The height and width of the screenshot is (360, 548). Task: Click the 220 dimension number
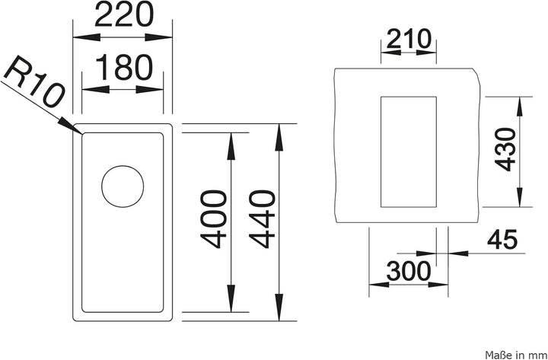(x=124, y=14)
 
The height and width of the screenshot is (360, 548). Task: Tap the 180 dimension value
(x=124, y=67)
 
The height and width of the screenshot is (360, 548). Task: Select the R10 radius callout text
(x=34, y=81)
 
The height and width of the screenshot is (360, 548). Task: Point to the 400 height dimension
(x=213, y=218)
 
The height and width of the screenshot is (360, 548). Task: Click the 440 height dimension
(x=262, y=218)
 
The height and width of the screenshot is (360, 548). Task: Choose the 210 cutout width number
(x=409, y=39)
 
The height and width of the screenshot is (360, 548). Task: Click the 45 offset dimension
(x=502, y=240)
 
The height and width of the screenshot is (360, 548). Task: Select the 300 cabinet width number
(x=409, y=271)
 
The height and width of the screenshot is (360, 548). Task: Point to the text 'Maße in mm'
(x=515, y=355)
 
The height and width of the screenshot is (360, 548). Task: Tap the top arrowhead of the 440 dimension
(x=279, y=137)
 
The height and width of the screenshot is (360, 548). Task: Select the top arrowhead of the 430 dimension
(x=520, y=107)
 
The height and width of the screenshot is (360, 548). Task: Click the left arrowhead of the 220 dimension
(x=87, y=37)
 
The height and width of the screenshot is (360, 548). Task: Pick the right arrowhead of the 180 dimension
(x=150, y=90)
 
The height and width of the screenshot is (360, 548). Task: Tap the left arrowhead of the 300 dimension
(x=379, y=285)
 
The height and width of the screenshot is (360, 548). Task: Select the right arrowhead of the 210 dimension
(x=426, y=53)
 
